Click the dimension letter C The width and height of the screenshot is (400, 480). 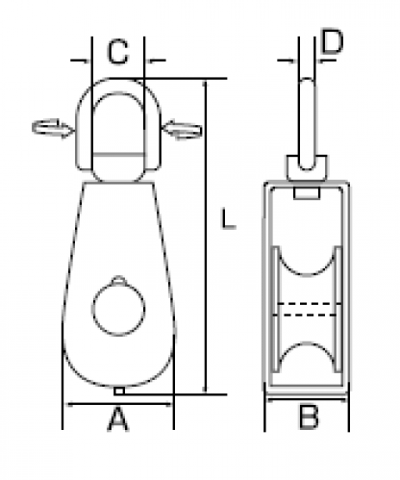[118, 52]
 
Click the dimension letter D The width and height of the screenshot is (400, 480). [332, 41]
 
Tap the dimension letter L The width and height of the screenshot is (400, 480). [229, 218]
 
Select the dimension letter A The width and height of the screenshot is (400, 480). [117, 418]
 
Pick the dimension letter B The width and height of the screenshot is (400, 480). [309, 417]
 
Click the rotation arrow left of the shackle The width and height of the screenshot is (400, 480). [53, 128]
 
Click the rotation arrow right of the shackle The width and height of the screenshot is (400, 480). [182, 130]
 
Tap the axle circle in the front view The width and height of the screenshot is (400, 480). [118, 309]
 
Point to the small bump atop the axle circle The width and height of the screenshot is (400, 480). [119, 280]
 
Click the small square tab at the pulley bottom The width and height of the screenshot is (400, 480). [119, 391]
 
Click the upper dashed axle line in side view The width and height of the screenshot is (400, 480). [307, 303]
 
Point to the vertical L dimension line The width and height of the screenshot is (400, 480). [206, 237]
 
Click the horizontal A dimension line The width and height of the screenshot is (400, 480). [118, 404]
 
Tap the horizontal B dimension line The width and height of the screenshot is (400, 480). [307, 399]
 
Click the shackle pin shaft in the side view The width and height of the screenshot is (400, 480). [307, 124]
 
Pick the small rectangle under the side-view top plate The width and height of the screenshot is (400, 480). [307, 193]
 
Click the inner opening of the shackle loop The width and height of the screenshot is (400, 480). [118, 122]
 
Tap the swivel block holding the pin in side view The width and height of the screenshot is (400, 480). [307, 167]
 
